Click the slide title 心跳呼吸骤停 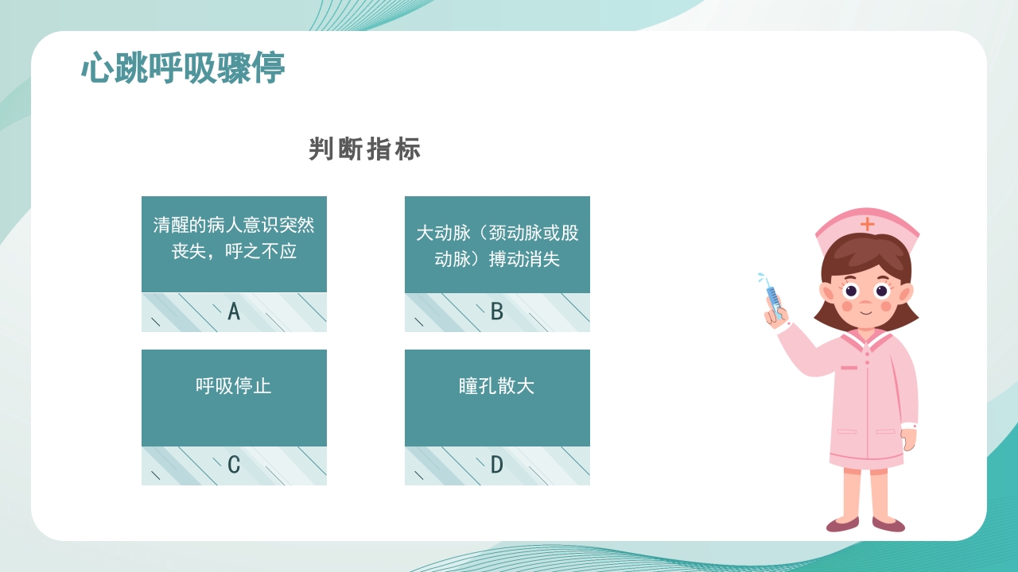[x=183, y=69]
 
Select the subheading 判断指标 [x=364, y=149]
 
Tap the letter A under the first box [x=234, y=311]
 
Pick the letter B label [x=497, y=311]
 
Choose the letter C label [x=234, y=465]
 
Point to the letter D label [x=497, y=465]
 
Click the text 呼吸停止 [x=234, y=386]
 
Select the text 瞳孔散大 [x=497, y=386]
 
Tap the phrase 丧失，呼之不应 [x=234, y=252]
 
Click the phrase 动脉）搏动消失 [x=497, y=259]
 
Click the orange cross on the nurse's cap [x=867, y=224]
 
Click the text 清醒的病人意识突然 [x=234, y=226]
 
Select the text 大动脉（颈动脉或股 [x=497, y=234]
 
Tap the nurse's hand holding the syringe [x=775, y=315]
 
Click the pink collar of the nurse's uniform [x=865, y=340]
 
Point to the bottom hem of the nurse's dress [x=866, y=461]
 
